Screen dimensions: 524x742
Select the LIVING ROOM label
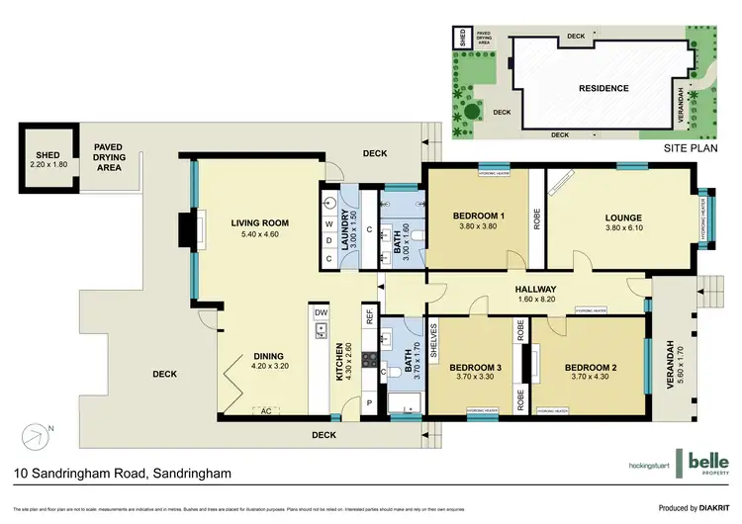click(252, 223)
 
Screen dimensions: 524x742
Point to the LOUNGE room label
click(623, 218)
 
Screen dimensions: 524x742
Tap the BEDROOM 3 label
click(479, 368)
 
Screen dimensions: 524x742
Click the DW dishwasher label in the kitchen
click(321, 313)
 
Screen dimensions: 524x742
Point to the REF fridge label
click(370, 319)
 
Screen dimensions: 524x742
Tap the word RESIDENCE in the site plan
click(603, 88)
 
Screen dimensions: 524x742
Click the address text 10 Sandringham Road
click(123, 475)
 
